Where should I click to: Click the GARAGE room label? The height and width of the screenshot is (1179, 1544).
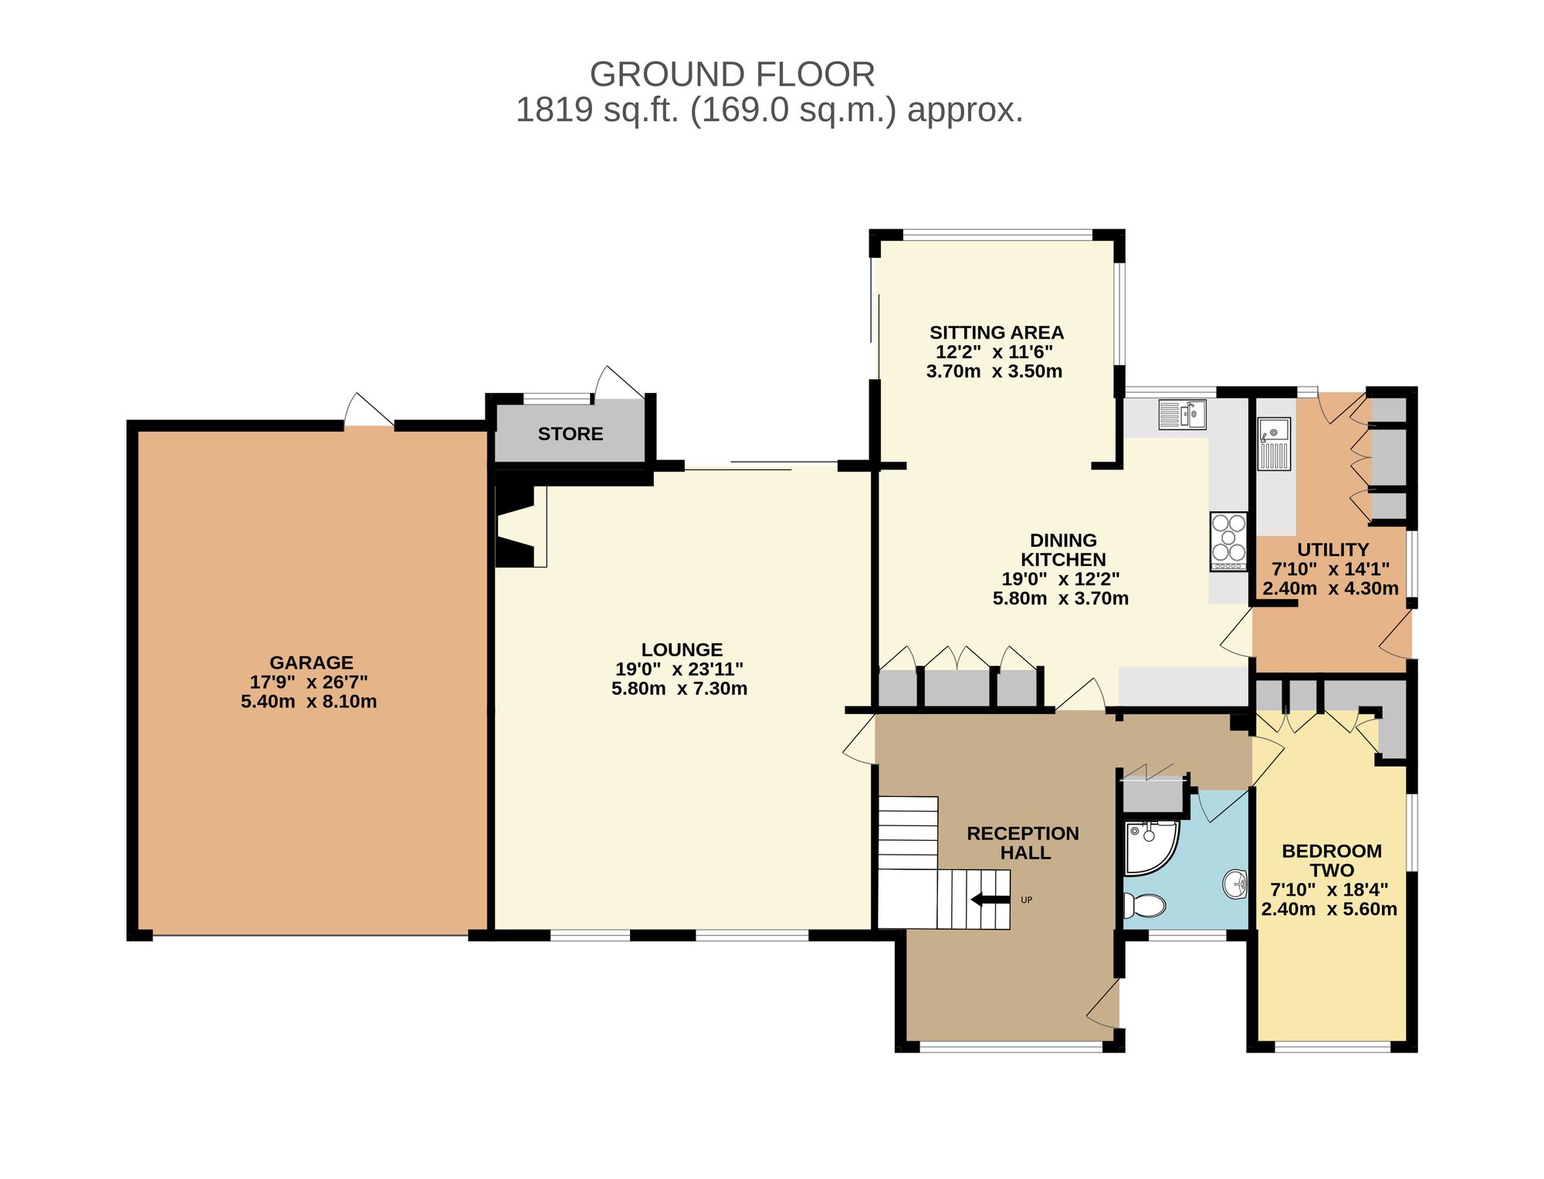click(x=311, y=662)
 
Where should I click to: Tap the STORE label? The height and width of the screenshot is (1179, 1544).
click(x=571, y=434)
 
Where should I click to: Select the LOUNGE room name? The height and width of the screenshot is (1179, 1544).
click(x=682, y=650)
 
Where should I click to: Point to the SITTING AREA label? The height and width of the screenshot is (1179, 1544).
click(x=997, y=333)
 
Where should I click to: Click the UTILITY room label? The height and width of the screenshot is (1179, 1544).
click(x=1332, y=550)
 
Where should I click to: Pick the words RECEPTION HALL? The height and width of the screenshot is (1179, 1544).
click(x=1024, y=843)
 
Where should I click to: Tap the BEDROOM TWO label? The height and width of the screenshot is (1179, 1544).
click(x=1332, y=861)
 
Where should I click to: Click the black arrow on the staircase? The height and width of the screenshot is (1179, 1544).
click(x=990, y=899)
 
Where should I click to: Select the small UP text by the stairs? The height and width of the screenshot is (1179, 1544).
click(x=1027, y=899)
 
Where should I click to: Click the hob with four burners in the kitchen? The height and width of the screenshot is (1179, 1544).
click(x=1228, y=542)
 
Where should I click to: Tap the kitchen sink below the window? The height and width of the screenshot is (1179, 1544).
click(x=1182, y=415)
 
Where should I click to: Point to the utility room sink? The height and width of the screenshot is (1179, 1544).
click(x=1274, y=444)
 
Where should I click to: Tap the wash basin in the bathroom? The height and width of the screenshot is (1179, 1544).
click(x=1236, y=885)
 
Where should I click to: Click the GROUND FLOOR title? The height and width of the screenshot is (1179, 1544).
click(x=733, y=75)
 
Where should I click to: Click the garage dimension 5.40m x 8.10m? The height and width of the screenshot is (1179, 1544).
click(x=309, y=702)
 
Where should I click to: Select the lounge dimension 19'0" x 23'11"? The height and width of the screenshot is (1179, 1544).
click(x=679, y=669)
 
